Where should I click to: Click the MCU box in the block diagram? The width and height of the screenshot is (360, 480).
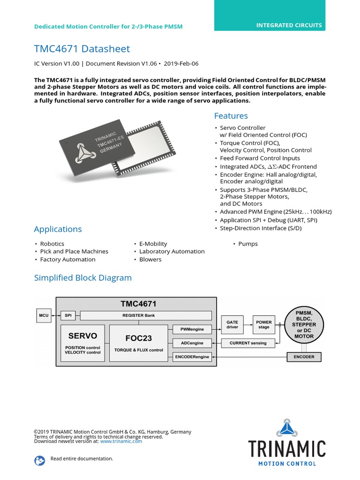pyautogui.click(x=44, y=315)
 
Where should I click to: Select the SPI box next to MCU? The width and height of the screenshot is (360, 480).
pyautogui.click(x=68, y=315)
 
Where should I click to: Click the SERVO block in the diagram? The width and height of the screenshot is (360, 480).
pyautogui.click(x=82, y=343)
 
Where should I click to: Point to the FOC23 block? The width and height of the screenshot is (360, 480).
pyautogui.click(x=138, y=343)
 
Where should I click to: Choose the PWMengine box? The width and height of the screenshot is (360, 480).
pyautogui.click(x=192, y=329)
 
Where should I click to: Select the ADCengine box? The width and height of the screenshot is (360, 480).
pyautogui.click(x=192, y=343)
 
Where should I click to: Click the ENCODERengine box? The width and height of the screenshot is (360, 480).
pyautogui.click(x=192, y=357)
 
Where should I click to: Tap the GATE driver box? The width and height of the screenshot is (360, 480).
pyautogui.click(x=232, y=324)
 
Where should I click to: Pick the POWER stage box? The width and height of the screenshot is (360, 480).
pyautogui.click(x=264, y=324)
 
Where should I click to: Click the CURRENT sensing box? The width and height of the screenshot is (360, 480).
pyautogui.click(x=248, y=343)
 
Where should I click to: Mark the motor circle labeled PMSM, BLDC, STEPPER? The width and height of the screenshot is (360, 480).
pyautogui.click(x=304, y=324)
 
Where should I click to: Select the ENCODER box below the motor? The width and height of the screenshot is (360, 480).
pyautogui.click(x=304, y=357)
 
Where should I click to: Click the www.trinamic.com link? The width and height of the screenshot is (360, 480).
pyautogui.click(x=121, y=441)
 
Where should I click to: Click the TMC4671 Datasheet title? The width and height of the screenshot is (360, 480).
pyautogui.click(x=82, y=49)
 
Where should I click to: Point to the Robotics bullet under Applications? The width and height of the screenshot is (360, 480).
pyautogui.click(x=52, y=244)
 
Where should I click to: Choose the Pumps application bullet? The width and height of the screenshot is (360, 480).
pyautogui.click(x=248, y=244)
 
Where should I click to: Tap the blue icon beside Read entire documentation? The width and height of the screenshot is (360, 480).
pyautogui.click(x=40, y=460)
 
